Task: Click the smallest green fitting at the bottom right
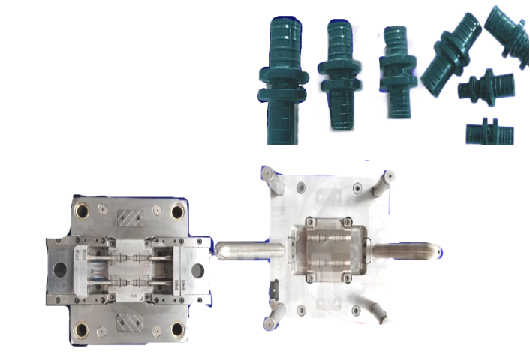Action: tap(489, 133)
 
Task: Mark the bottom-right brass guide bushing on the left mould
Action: tap(177, 329)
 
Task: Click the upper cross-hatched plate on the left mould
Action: tap(130, 217)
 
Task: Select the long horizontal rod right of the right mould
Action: tap(405, 250)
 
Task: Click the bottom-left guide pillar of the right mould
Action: tap(270, 319)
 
